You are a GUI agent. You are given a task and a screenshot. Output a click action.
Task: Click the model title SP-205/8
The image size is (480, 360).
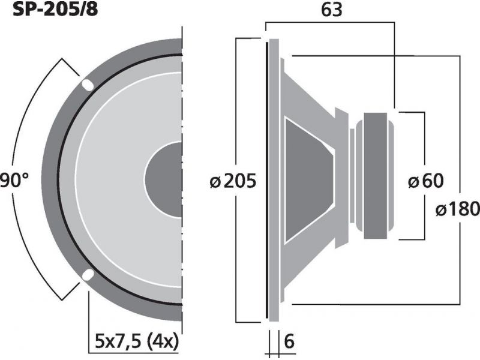(x=55, y=9)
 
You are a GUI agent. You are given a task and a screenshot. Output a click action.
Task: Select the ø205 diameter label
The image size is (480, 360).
(x=233, y=181)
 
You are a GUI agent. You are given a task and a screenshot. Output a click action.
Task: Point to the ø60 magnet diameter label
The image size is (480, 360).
(x=426, y=181)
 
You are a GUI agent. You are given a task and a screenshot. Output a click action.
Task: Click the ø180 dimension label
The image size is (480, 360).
(x=458, y=209)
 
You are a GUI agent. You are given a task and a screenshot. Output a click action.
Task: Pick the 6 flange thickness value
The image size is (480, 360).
(x=289, y=341)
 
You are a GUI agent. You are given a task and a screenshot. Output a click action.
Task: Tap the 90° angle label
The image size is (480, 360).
(x=14, y=181)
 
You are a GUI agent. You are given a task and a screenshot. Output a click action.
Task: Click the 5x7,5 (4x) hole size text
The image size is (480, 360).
(x=137, y=342)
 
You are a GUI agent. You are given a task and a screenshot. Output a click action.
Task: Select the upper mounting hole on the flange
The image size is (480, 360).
(x=88, y=85)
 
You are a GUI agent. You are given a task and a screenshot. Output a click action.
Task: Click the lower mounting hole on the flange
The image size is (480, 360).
(x=88, y=275)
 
